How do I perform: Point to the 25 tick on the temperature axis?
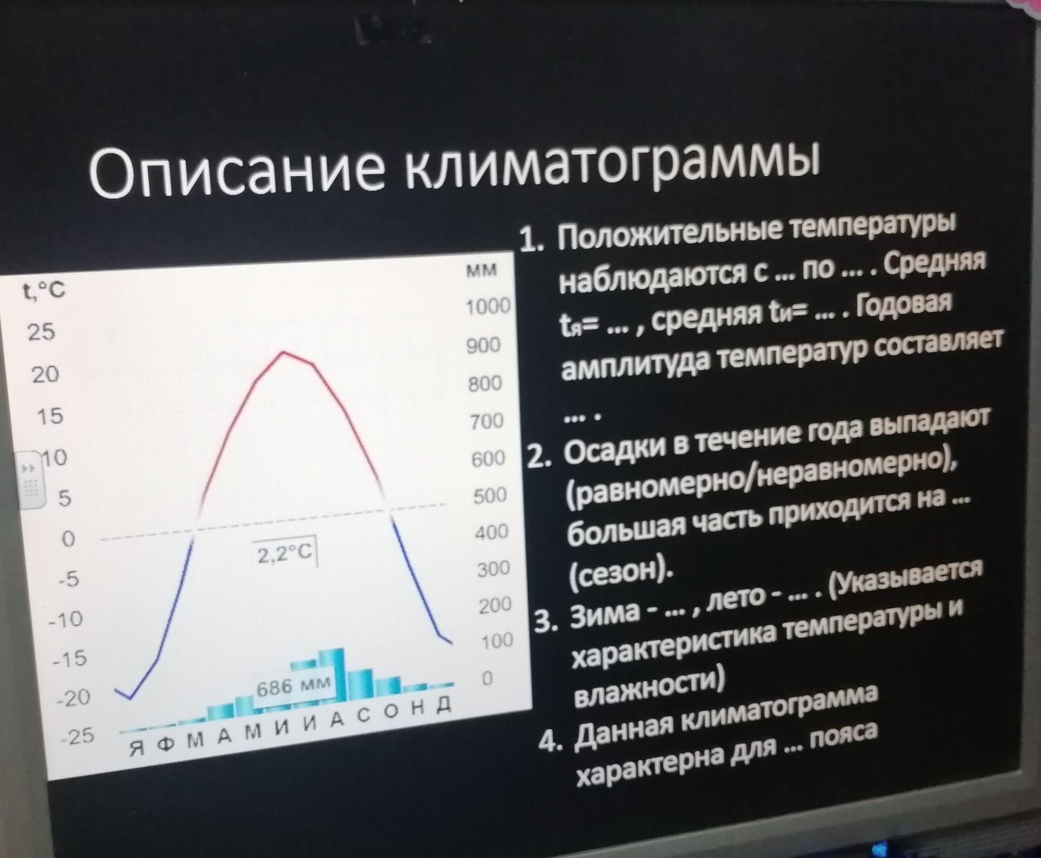[41, 332]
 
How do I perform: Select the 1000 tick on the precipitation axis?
[488, 306]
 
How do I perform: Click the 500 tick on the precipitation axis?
[490, 495]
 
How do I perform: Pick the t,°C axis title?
[43, 289]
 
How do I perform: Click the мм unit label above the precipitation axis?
[481, 269]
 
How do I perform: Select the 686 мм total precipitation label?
[293, 686]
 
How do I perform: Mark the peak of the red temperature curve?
[283, 352]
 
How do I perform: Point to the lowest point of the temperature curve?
[130, 698]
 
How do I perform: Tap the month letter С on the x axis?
[364, 716]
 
